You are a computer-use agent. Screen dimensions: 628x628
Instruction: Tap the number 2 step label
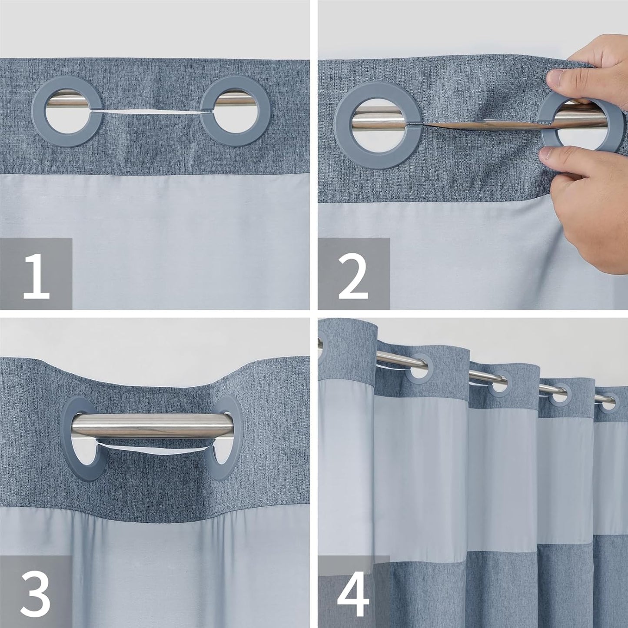pyautogui.click(x=353, y=275)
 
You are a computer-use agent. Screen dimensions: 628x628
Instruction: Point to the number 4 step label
pyautogui.click(x=353, y=592)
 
